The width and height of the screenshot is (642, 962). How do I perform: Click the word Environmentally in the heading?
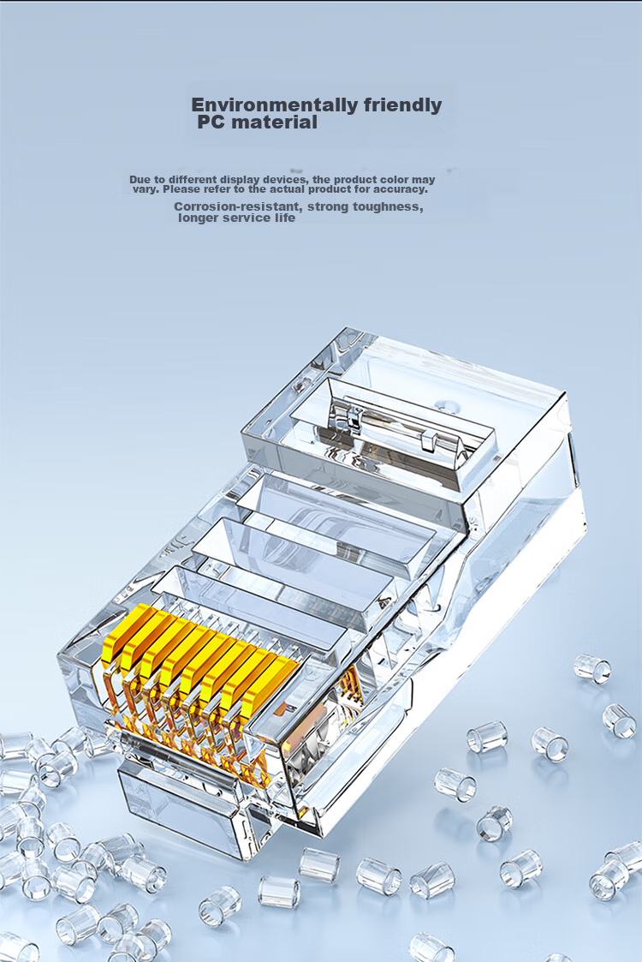[275, 105]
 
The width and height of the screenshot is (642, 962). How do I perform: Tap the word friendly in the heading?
[402, 105]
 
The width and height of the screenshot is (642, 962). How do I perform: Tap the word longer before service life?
[198, 218]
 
